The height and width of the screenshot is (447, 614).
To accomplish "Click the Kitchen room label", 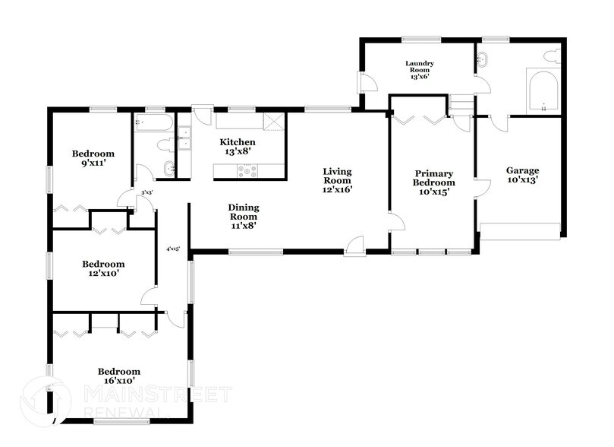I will tap(238, 147).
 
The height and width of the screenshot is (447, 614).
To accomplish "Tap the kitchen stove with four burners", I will tap(247, 171).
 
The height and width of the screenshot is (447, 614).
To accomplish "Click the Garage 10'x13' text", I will tap(523, 176).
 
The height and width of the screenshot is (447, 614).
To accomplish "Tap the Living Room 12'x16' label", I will tap(337, 181).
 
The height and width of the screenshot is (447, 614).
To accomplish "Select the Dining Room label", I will tap(244, 216).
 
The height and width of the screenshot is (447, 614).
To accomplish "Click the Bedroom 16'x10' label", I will tap(119, 376).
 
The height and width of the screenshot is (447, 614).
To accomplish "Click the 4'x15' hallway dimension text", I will tap(173, 249).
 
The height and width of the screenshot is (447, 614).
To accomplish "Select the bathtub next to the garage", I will tap(544, 91).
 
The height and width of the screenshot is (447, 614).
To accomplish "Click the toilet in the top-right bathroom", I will tap(552, 55).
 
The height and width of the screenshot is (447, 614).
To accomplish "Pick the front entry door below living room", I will tap(354, 246).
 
